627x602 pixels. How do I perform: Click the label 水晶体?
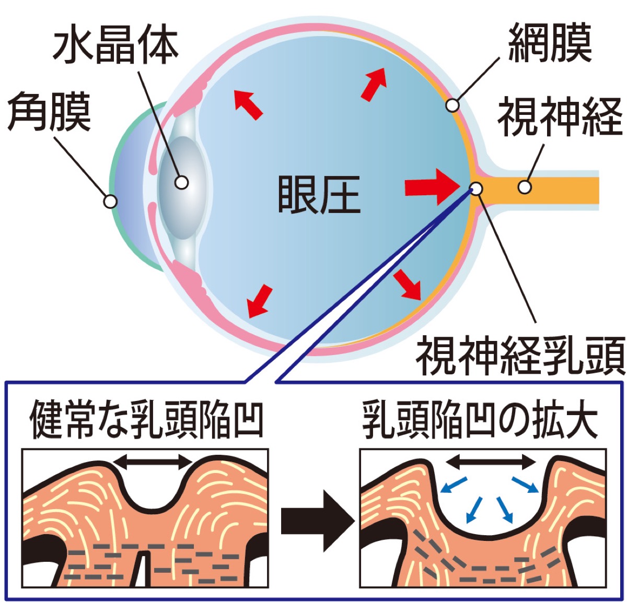point(116,46)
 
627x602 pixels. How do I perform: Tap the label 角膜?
point(49,112)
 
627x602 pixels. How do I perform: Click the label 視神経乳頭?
point(520,356)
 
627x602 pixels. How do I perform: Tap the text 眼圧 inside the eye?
point(319,194)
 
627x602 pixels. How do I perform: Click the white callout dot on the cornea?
point(110,201)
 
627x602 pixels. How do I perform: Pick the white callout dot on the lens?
point(181,182)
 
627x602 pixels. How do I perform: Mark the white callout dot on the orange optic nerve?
point(525,186)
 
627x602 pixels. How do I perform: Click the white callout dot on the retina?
point(452,106)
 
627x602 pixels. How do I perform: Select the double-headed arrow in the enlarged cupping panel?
point(490,461)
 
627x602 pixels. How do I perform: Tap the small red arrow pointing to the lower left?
point(260,301)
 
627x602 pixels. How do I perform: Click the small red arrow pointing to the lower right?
point(408,285)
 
